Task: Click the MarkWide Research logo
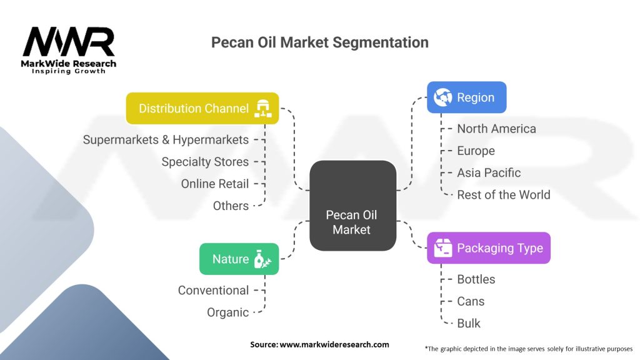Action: [69, 50]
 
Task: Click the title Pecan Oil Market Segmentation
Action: [319, 42]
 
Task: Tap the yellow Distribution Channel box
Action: [202, 108]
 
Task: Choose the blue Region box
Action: [466, 97]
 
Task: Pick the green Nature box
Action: [239, 259]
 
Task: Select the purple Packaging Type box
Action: [488, 248]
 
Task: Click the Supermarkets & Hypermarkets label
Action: [166, 139]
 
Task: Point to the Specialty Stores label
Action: [205, 161]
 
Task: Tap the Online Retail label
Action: [214, 184]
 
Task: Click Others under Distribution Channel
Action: [231, 206]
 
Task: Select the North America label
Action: [496, 129]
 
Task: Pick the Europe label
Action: [476, 151]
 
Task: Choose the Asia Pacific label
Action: [488, 172]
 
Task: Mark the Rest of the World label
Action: [503, 194]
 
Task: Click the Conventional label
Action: [213, 290]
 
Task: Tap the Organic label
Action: [227, 312]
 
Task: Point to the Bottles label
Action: [476, 279]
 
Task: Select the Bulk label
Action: [469, 323]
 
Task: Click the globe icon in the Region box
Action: [443, 97]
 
